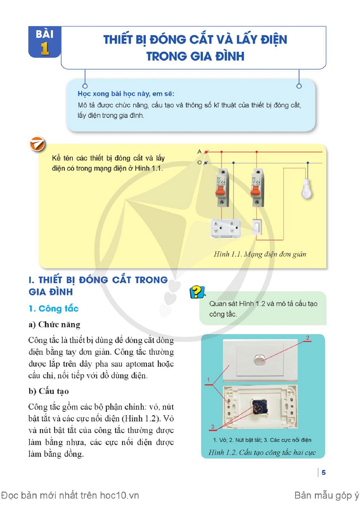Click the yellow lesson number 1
click(x=45, y=49)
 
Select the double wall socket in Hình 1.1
click(x=226, y=228)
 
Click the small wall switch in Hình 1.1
click(x=257, y=227)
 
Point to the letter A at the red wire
click(x=199, y=151)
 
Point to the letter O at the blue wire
click(x=199, y=162)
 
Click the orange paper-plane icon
click(x=37, y=144)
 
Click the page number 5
click(x=323, y=473)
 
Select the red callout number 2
click(x=308, y=338)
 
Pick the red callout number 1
click(x=208, y=380)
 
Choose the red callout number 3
click(x=213, y=427)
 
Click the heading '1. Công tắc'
click(x=54, y=309)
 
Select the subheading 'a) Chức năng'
click(x=54, y=324)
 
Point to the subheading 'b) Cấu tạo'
click(x=49, y=391)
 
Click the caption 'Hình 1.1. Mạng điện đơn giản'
click(x=260, y=254)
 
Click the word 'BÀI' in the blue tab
click(x=45, y=34)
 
